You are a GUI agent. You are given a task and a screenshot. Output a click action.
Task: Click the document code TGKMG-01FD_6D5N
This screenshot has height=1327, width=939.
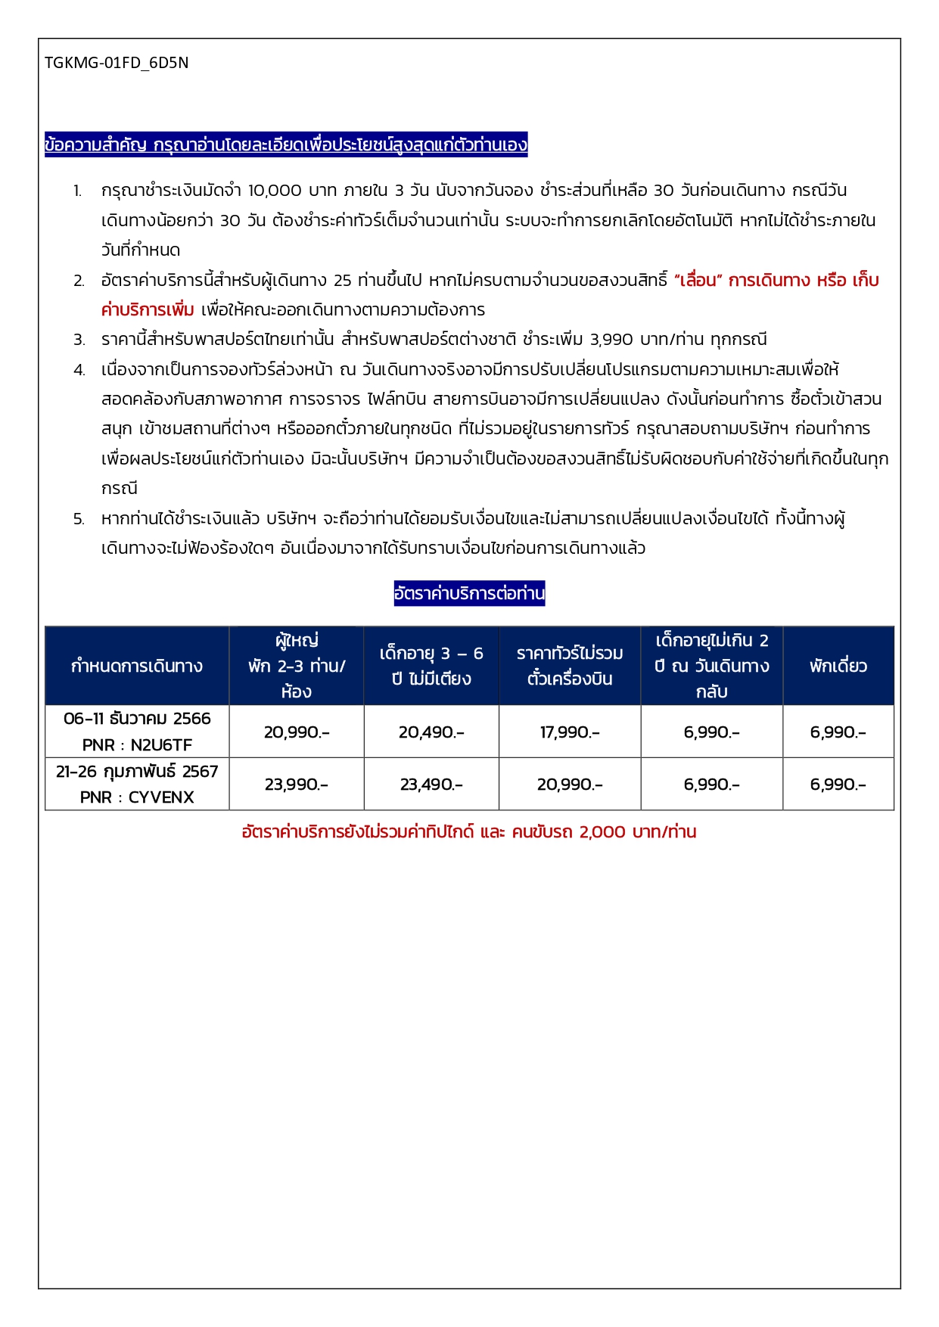pos(117,63)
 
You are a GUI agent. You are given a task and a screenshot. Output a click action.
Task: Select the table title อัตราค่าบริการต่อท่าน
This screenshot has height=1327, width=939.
pos(469,593)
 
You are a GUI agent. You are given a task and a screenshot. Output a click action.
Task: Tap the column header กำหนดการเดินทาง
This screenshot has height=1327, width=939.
pos(137,666)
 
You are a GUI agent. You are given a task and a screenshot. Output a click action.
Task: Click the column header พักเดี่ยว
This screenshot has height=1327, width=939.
pos(838,666)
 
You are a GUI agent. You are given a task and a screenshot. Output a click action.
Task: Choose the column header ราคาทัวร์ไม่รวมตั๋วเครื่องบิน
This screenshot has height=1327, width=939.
pos(570,666)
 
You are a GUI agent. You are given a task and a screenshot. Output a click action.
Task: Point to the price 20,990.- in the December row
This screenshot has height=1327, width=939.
pos(297,732)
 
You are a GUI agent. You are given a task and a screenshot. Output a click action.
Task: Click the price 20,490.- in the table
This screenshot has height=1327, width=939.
pos(431,732)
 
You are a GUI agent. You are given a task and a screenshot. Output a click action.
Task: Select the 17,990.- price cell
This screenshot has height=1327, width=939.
pos(570,732)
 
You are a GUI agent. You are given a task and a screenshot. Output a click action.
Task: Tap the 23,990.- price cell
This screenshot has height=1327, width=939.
pos(297,785)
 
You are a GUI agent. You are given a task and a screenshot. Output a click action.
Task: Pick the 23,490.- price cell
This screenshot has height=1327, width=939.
pos(431,785)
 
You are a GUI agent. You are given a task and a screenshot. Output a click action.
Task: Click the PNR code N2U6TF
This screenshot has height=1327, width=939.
pos(161,745)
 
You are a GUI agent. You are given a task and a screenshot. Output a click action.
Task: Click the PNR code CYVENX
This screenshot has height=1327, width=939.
pos(161,797)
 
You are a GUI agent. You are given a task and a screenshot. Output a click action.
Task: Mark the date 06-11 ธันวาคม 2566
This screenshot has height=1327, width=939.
pos(137,719)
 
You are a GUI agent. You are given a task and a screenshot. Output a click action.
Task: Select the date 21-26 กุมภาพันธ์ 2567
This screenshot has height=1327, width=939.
pos(137,772)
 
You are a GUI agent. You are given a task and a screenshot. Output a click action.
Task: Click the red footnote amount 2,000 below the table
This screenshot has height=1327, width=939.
pos(602,832)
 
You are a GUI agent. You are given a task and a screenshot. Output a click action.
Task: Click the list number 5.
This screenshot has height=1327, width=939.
pos(79,519)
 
